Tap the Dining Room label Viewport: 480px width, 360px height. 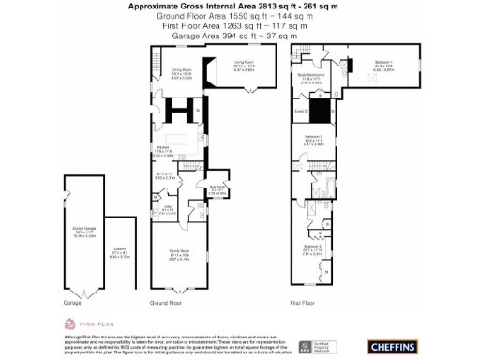181,71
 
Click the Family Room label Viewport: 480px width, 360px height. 177,256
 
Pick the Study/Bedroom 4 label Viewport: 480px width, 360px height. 312,77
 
